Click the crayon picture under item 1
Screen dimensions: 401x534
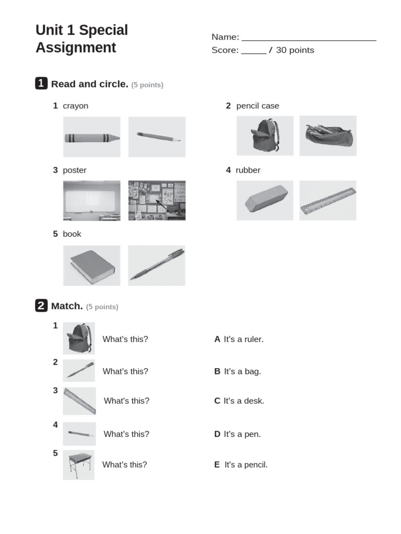tap(92, 137)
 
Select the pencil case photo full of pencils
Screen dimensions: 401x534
tap(328, 136)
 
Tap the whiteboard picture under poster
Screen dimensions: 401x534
tap(92, 201)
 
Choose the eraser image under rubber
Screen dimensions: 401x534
tap(265, 200)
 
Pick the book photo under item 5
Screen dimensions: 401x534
tap(92, 265)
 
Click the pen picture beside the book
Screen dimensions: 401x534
tap(157, 265)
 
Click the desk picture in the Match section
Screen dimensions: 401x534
tap(79, 465)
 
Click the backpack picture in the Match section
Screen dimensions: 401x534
tap(79, 338)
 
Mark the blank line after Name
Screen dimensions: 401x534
tap(309, 40)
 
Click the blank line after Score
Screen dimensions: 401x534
tap(254, 54)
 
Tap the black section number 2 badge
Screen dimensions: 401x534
tap(41, 305)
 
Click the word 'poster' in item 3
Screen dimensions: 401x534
tap(75, 170)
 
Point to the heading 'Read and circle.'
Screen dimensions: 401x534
tap(90, 84)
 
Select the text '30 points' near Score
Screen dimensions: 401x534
tap(295, 50)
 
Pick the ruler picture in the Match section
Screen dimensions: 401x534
tap(79, 401)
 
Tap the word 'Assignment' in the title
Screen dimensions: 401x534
tap(76, 47)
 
